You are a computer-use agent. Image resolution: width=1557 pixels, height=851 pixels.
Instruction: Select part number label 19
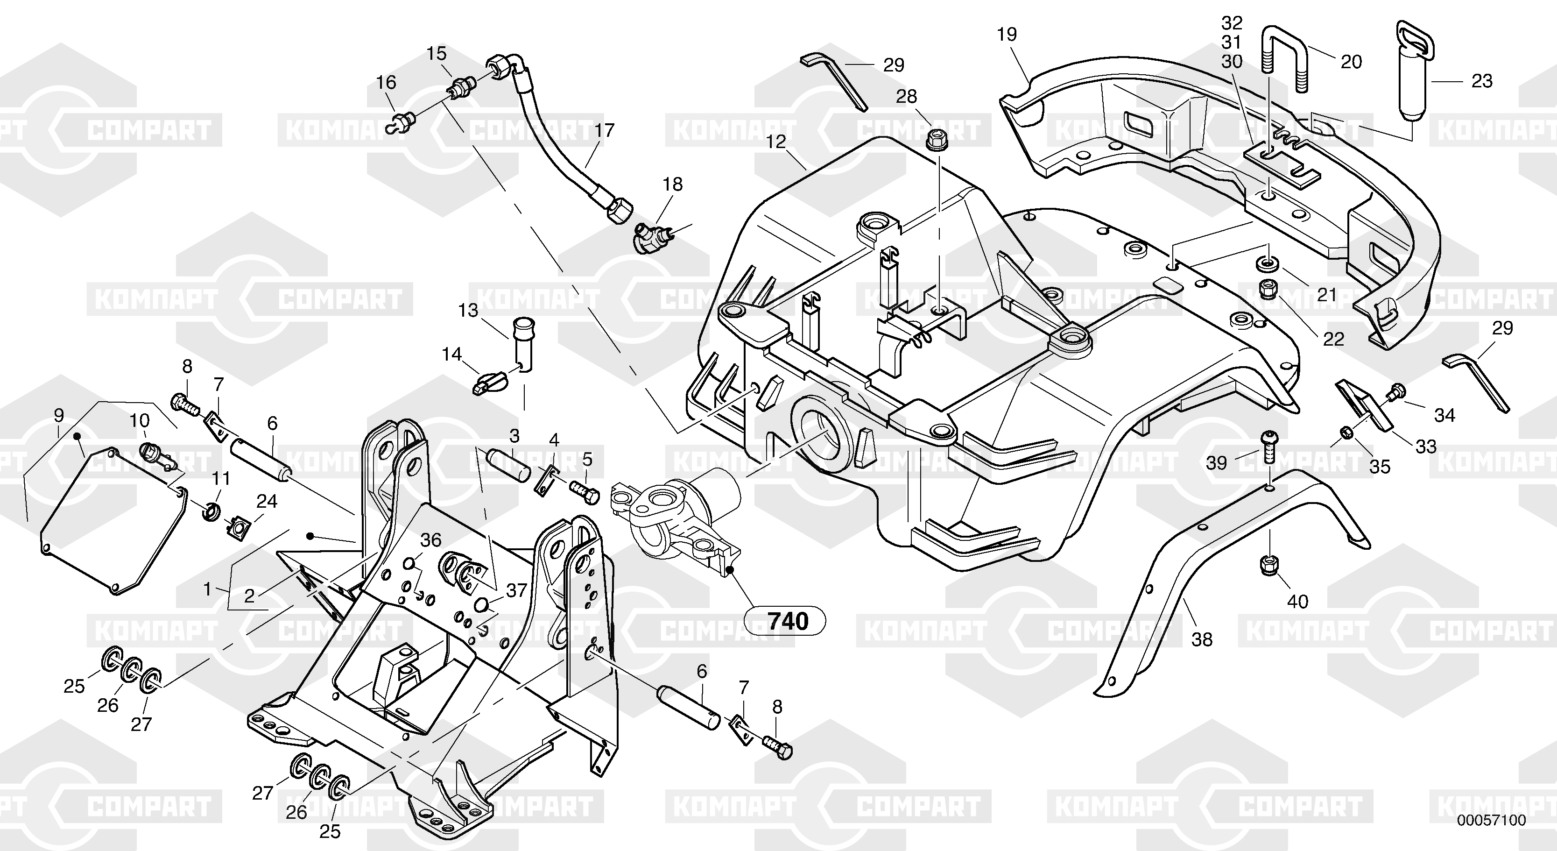coord(1007,35)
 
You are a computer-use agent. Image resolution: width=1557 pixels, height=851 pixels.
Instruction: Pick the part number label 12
coord(775,142)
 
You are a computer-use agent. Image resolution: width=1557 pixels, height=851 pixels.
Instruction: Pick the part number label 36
coord(431,539)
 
